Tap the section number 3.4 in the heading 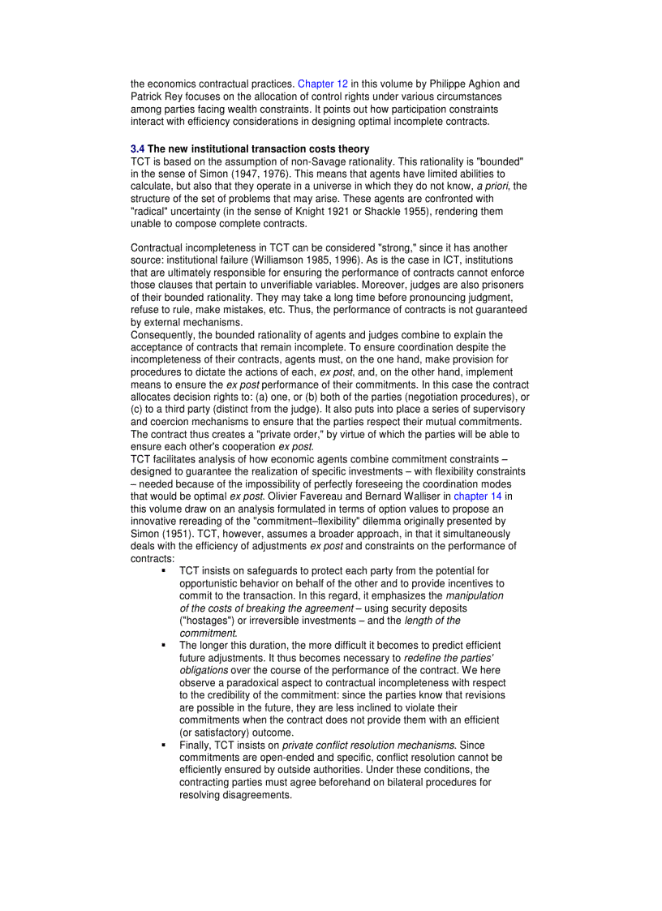coord(137,149)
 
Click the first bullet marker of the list coord(163,571)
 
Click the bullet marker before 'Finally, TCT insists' coord(163,745)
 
